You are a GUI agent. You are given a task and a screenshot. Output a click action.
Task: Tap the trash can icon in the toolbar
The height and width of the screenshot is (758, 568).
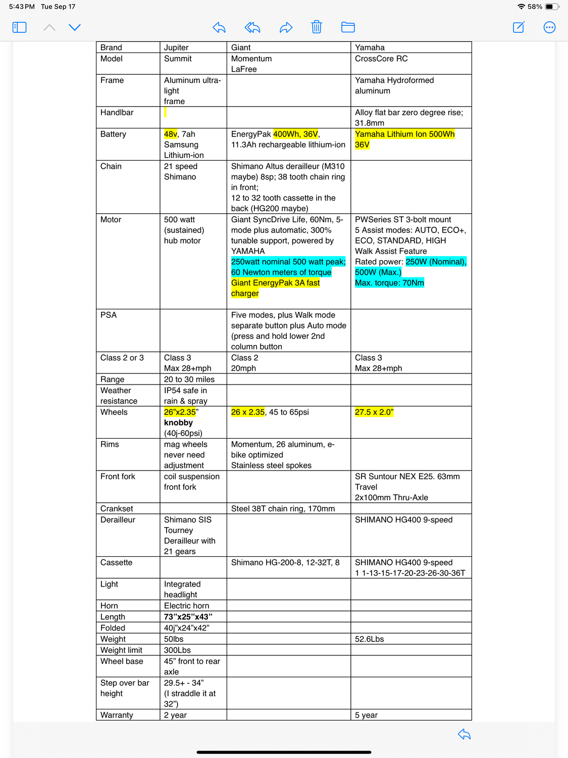click(x=317, y=27)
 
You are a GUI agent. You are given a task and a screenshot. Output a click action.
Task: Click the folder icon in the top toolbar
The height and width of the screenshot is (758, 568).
click(x=348, y=27)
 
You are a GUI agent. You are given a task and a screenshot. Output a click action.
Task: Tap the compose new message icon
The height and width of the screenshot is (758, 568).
click(x=519, y=27)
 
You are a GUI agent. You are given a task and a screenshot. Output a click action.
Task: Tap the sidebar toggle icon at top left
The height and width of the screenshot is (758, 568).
click(x=19, y=27)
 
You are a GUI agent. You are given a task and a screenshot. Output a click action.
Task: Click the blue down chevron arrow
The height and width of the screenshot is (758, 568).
click(x=75, y=27)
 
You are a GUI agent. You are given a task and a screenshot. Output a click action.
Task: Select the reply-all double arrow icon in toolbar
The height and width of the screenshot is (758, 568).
click(x=252, y=27)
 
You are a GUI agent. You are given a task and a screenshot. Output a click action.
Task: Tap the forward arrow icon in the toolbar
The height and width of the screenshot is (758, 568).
click(x=286, y=27)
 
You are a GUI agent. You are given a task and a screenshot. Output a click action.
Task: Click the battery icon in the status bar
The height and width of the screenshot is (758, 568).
click(x=552, y=7)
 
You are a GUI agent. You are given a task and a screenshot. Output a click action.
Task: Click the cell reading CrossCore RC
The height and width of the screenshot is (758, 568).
click(x=381, y=59)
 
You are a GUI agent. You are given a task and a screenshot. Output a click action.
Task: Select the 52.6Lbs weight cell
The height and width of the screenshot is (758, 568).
click(x=370, y=639)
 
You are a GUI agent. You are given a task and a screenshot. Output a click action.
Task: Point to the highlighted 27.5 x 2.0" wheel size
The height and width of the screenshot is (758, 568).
click(x=374, y=412)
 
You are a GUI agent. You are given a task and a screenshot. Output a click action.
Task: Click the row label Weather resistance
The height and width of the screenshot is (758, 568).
click(x=119, y=396)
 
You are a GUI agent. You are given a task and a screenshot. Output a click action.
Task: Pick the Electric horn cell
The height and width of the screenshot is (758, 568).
click(x=186, y=606)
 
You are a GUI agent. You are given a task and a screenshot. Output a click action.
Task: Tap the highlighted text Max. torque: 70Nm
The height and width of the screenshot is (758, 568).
click(x=389, y=283)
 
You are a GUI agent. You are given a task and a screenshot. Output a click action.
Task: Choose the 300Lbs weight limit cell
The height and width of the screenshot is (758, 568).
click(x=177, y=650)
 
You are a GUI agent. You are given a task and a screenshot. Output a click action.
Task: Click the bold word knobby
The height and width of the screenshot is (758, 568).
click(x=178, y=423)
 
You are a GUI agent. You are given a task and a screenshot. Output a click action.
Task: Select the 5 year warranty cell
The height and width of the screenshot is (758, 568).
click(x=366, y=715)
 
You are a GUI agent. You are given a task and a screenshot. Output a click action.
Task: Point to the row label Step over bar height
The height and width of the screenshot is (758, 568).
click(x=125, y=688)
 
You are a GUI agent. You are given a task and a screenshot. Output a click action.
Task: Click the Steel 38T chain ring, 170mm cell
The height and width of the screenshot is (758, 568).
click(x=283, y=509)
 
